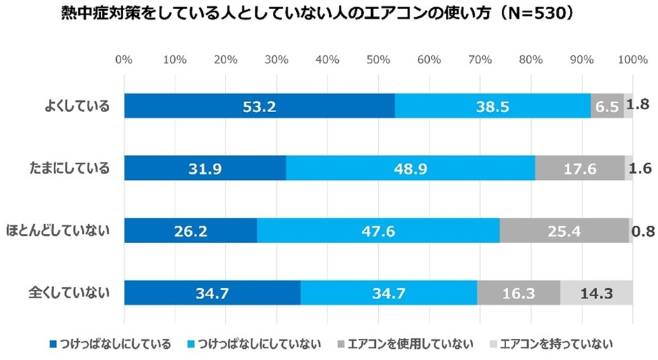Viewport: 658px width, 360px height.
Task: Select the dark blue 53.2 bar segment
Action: [259, 106]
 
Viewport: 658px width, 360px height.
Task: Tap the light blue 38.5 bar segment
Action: [492, 106]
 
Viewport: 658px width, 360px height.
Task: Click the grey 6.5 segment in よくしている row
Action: [607, 106]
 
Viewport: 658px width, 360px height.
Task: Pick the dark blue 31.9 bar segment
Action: [205, 168]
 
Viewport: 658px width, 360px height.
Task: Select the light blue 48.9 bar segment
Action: [410, 168]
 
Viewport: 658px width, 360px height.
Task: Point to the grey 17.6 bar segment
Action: [580, 168]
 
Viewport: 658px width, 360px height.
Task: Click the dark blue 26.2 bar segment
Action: [190, 230]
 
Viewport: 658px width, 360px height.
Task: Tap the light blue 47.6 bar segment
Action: [378, 230]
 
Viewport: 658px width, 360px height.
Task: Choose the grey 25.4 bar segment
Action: [564, 230]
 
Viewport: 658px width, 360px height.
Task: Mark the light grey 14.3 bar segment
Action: [596, 292]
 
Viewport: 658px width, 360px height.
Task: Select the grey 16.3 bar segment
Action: [519, 292]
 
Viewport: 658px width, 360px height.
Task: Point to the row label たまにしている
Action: [69, 169]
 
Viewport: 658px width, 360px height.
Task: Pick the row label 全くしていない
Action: [69, 293]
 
